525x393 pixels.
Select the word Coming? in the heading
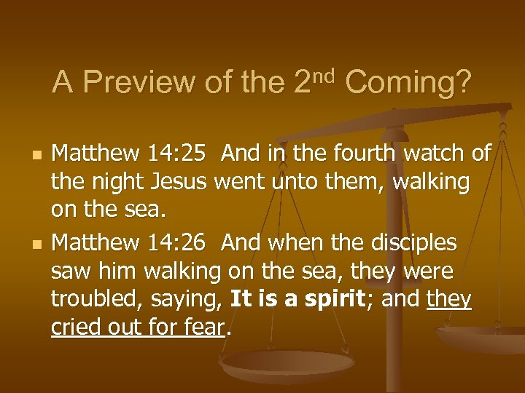click(x=408, y=83)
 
